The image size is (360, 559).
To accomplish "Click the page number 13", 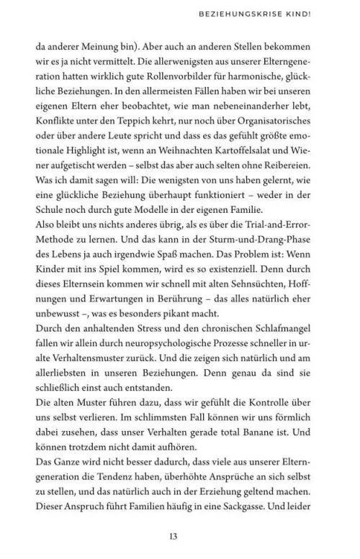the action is point(179,535).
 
